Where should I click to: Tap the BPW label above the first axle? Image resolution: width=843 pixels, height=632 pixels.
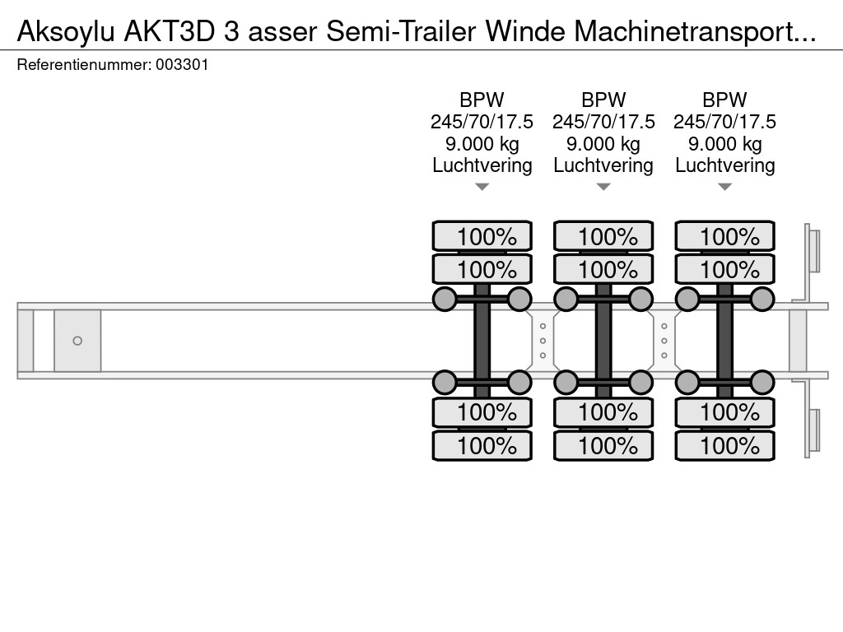[482, 100]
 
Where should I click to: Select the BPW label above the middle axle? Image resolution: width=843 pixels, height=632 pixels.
[603, 100]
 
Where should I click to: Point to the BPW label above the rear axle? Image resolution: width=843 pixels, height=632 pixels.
[724, 100]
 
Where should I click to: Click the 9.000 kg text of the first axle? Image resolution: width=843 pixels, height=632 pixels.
[482, 144]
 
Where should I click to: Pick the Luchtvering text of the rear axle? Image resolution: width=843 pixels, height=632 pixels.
[724, 165]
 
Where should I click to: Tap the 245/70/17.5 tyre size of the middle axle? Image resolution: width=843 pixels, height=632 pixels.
[603, 122]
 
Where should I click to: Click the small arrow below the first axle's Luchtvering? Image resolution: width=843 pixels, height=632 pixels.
[482, 188]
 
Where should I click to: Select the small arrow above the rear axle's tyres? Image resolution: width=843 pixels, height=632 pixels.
[725, 188]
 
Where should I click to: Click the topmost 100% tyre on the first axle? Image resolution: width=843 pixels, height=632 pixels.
[482, 237]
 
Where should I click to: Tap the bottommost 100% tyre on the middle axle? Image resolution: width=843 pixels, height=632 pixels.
[603, 446]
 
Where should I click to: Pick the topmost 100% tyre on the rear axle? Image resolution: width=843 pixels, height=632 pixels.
[725, 237]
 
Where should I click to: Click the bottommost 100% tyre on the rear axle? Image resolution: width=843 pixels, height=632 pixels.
[725, 446]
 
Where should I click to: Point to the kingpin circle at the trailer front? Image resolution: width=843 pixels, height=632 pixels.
[77, 341]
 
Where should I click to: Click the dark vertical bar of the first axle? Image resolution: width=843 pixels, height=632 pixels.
[482, 341]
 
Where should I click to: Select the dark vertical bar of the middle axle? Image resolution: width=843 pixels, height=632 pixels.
[603, 341]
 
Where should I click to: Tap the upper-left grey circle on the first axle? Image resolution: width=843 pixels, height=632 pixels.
[445, 299]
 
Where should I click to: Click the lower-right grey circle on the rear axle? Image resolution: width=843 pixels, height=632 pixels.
[762, 382]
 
